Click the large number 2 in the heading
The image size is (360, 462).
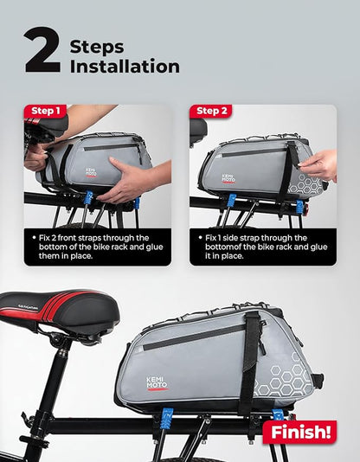(x=42, y=51)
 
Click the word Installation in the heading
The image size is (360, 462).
(x=125, y=66)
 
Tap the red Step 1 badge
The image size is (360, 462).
(x=47, y=111)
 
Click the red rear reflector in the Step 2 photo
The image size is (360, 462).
(x=299, y=210)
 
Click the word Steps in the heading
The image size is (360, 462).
(x=96, y=46)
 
